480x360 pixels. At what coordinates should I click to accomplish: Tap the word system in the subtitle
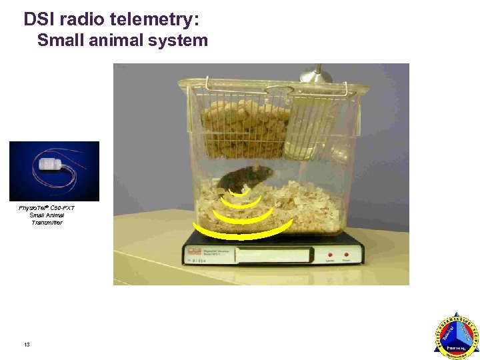pos(181,41)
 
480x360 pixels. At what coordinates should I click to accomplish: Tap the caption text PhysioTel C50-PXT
pos(47,208)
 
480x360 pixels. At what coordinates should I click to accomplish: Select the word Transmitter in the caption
pos(47,223)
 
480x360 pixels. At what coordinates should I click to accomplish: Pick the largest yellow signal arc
pos(243,231)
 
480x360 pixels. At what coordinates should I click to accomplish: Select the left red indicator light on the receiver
pos(328,254)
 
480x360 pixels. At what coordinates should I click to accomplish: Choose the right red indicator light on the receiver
pos(347,254)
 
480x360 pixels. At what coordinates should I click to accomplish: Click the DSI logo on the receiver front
pos(194,252)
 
